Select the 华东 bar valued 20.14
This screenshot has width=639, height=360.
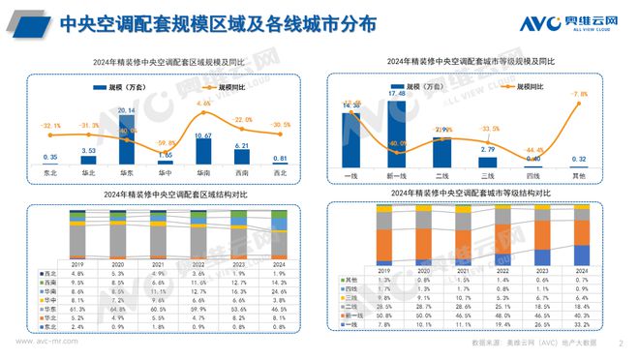(126, 140)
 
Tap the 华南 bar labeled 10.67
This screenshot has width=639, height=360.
(203, 152)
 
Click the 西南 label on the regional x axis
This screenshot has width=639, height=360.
(243, 175)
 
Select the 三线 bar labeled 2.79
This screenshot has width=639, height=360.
(489, 160)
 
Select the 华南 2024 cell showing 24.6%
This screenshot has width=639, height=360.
(279, 289)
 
